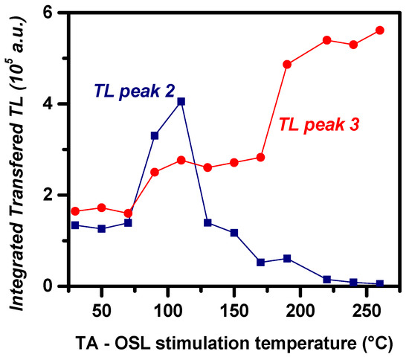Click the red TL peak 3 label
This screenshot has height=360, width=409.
coord(319,126)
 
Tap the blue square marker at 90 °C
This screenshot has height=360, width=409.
coord(155,135)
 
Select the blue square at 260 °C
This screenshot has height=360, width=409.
coord(380,283)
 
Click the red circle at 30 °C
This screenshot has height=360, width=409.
coord(75,211)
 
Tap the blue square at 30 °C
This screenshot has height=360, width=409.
coord(75,225)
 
